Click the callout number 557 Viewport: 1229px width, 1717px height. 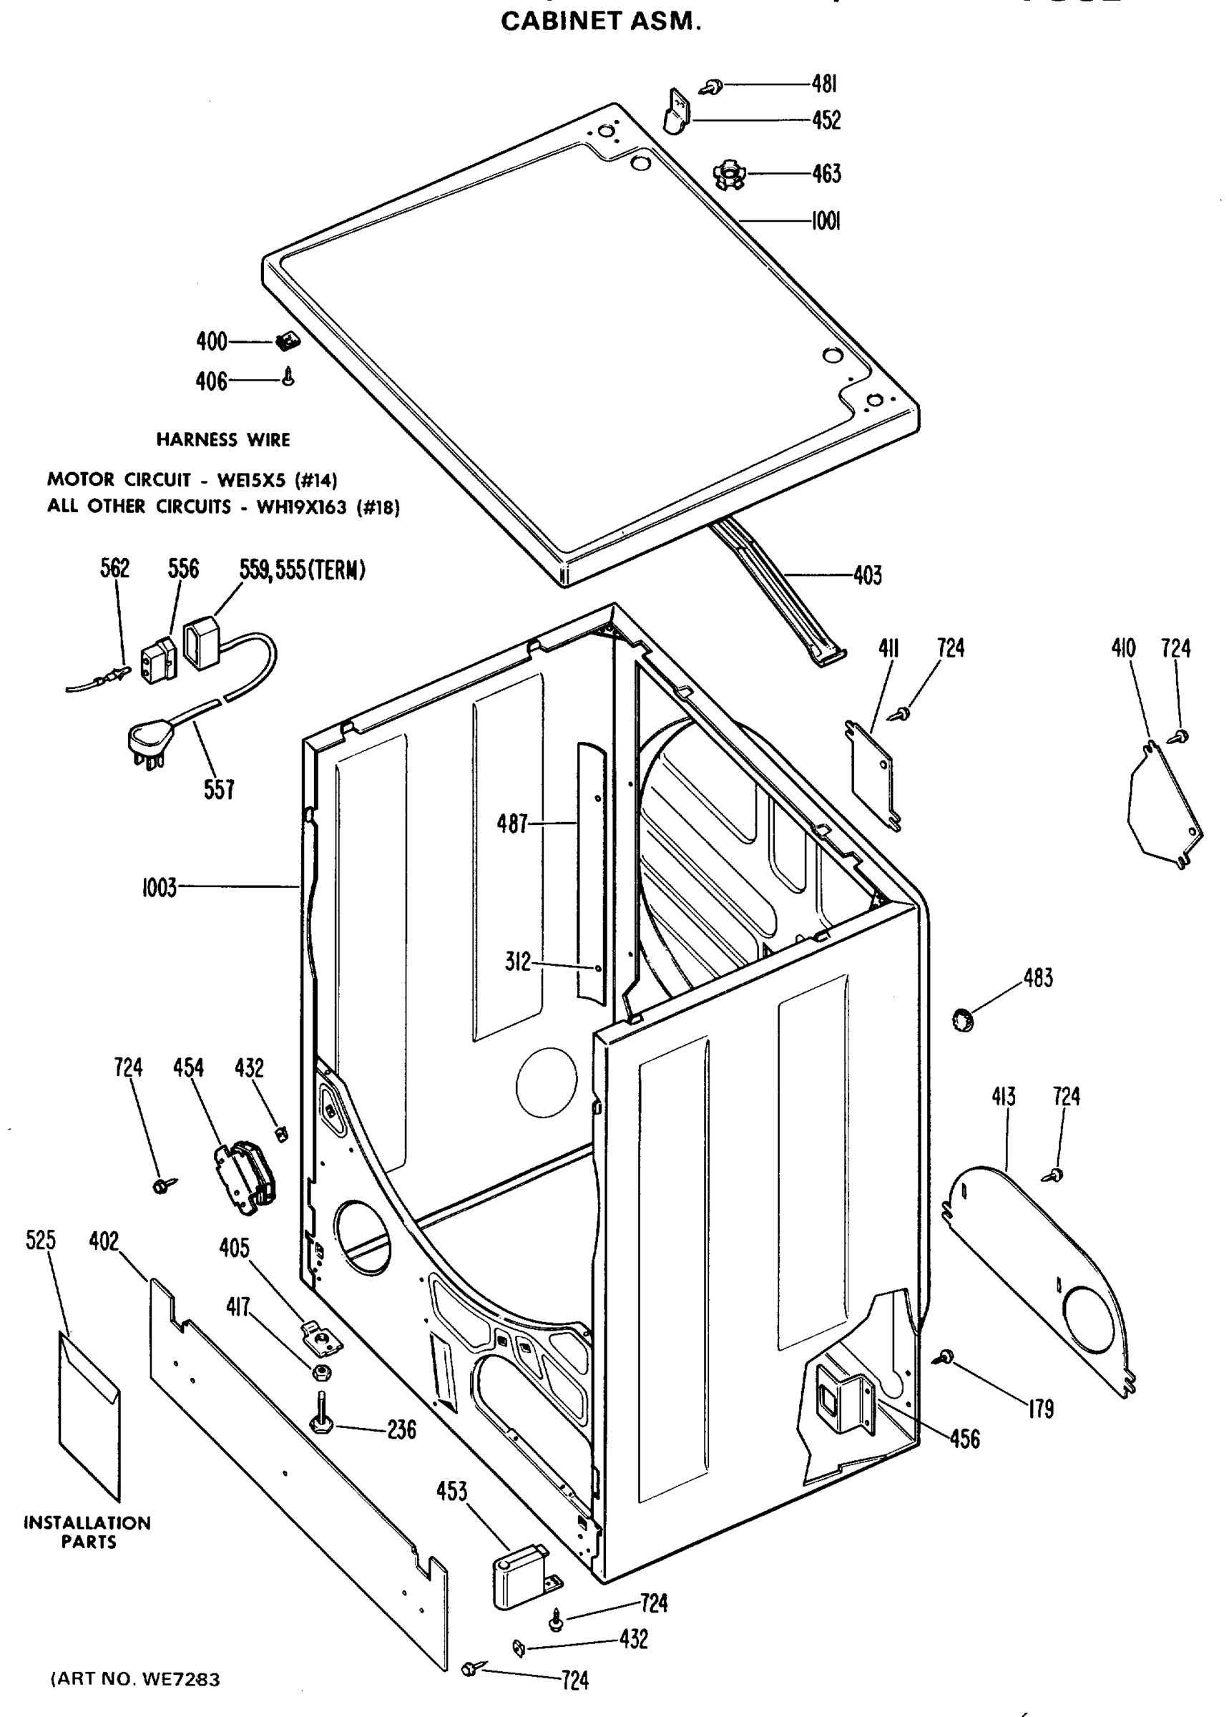coord(219,789)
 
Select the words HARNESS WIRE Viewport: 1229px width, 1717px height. coord(223,440)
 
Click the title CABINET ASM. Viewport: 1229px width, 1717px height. coord(602,23)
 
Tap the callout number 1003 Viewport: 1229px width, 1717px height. coord(159,887)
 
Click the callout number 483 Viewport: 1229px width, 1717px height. coord(1037,979)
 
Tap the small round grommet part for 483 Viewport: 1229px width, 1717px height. coord(962,1020)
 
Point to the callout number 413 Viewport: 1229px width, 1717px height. coord(1004,1097)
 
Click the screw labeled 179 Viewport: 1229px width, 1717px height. coord(945,1357)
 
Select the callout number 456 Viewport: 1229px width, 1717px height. coord(964,1439)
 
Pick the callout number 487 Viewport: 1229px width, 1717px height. coord(511,823)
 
